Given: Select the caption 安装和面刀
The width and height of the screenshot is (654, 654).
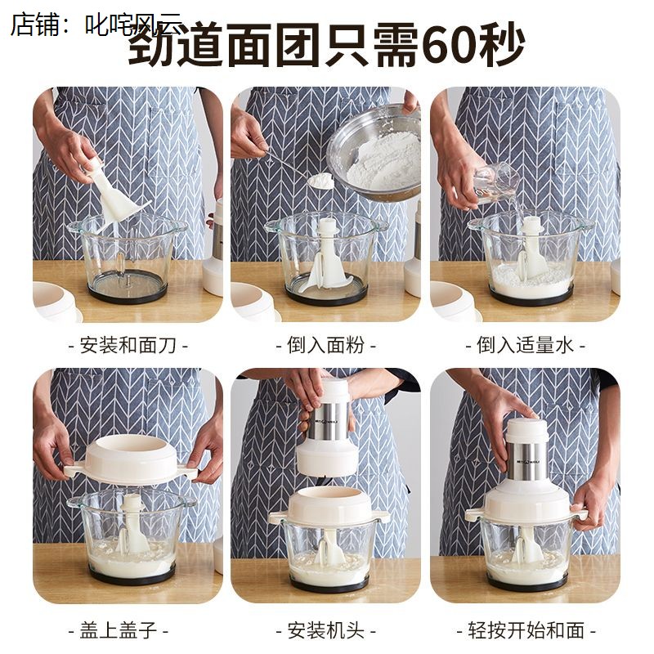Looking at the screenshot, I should click(128, 344).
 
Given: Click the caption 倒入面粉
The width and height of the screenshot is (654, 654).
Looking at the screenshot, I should click(325, 344).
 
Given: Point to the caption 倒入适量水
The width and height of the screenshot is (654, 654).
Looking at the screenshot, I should click(525, 344).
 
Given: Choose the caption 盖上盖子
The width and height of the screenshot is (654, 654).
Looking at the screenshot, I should click(128, 630).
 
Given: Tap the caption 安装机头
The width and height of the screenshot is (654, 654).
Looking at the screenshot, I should click(325, 630).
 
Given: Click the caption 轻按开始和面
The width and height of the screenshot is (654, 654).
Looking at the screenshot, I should click(525, 630).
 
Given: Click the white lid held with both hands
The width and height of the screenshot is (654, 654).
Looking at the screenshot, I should click(130, 459).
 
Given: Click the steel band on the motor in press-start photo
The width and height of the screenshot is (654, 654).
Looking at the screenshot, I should click(526, 461).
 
